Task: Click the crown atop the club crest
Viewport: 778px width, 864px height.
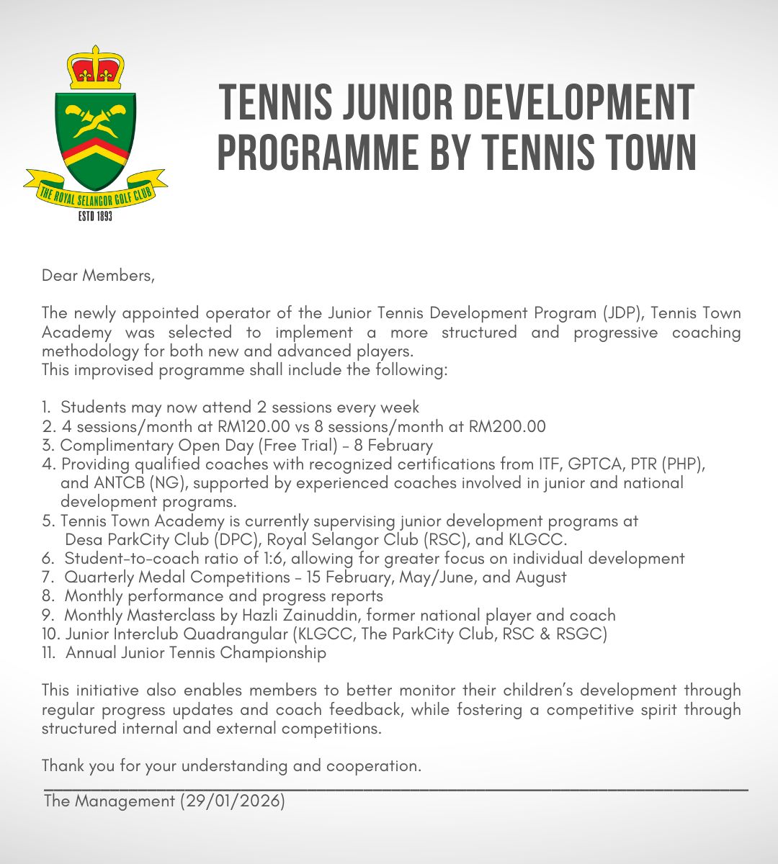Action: (x=96, y=67)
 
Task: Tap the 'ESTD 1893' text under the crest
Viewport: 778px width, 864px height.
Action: (x=95, y=215)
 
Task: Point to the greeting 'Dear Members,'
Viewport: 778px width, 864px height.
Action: (x=98, y=275)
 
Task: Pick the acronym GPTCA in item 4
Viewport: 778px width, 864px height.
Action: (x=591, y=464)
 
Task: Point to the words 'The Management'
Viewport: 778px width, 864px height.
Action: (x=109, y=801)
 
